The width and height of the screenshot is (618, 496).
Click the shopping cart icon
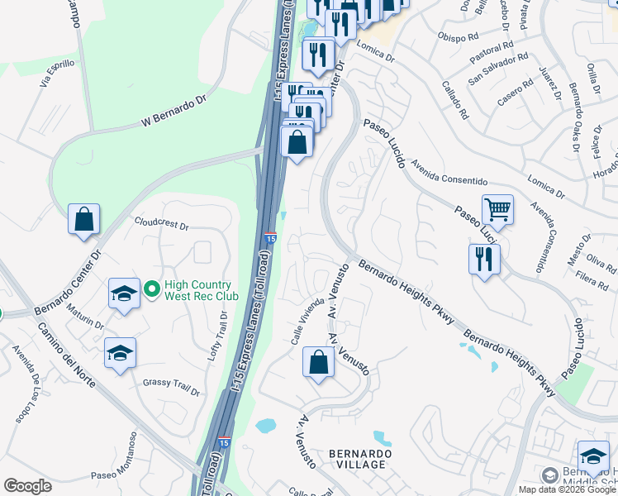[x=497, y=209]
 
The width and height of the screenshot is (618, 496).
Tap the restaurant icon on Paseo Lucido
[x=484, y=259]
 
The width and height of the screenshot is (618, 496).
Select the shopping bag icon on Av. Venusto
[x=319, y=362]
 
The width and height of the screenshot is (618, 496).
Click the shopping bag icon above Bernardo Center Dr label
[x=84, y=219]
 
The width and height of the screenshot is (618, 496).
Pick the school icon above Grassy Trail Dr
[x=121, y=353]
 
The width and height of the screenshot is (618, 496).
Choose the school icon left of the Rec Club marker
[x=124, y=293]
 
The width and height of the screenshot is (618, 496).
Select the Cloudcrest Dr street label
[x=162, y=224]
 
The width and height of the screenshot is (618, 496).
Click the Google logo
[x=27, y=486]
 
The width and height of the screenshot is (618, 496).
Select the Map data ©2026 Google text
[x=567, y=489]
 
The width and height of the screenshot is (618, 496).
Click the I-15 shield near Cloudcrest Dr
[x=270, y=238]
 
